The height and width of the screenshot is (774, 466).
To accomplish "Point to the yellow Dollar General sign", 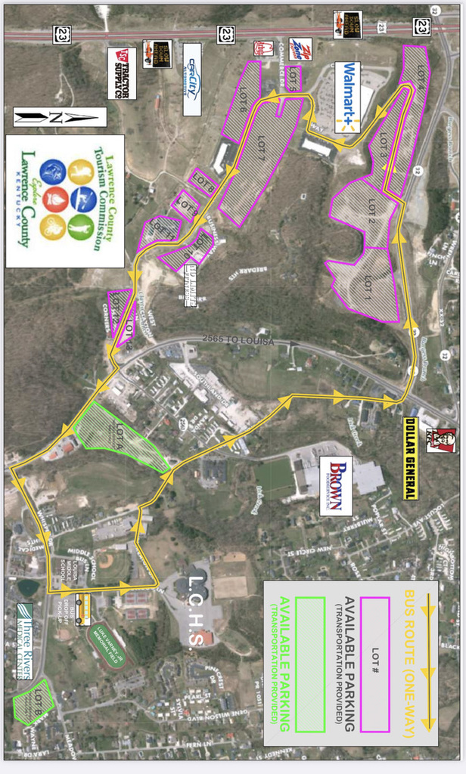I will tap(410, 469).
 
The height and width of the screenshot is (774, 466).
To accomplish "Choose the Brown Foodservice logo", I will tap(335, 485).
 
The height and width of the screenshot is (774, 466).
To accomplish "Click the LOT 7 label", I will tap(261, 139).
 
